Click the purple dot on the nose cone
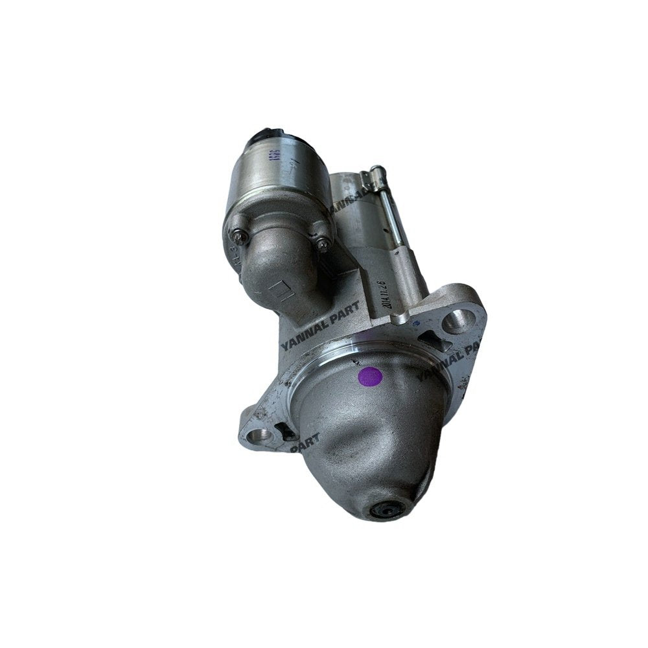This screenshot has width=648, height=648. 370,376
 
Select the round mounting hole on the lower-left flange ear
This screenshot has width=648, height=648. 262,436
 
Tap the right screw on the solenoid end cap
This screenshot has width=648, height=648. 322,243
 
